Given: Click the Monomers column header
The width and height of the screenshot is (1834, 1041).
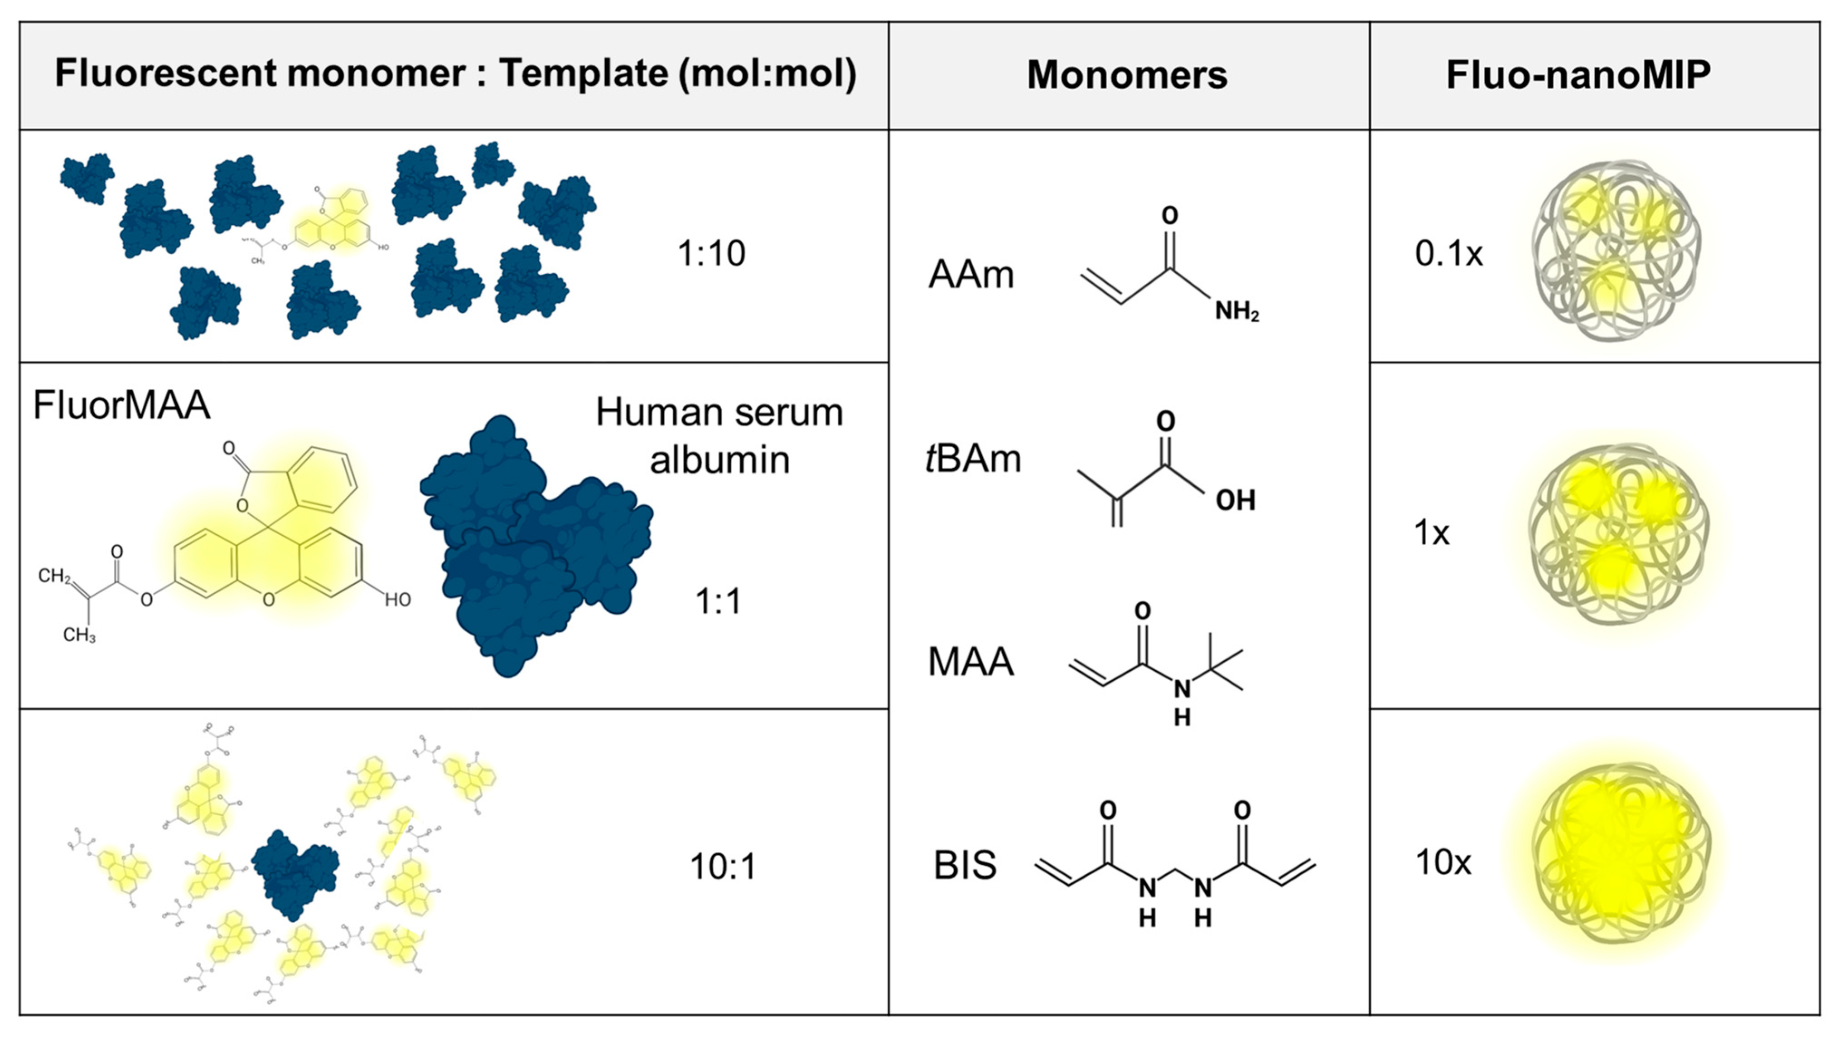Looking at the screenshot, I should [x=1127, y=75].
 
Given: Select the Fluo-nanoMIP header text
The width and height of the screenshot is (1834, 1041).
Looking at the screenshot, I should [x=1578, y=75].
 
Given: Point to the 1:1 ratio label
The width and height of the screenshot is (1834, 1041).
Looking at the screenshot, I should [x=718, y=601].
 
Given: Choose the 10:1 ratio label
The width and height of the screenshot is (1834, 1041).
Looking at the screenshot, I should [x=723, y=867].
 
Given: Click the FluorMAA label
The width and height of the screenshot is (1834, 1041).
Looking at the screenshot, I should [x=121, y=406].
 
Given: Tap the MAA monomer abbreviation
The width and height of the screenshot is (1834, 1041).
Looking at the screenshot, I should [x=970, y=662].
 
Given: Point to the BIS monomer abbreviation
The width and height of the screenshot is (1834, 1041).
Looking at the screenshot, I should [x=965, y=865].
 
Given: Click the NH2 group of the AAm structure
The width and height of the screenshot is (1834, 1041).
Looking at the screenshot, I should [x=1236, y=312].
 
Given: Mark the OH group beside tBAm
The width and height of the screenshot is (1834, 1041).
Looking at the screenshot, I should [x=1235, y=500].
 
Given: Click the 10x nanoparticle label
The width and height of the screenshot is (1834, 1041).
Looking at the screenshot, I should [x=1443, y=863].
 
